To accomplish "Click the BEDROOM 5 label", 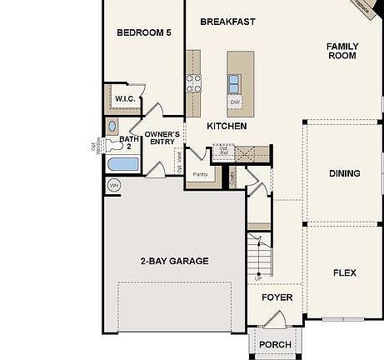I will (143, 33).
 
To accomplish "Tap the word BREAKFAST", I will (227, 22).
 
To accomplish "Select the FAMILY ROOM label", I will (342, 51).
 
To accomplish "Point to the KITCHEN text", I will (227, 126).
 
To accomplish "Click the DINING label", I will (344, 173).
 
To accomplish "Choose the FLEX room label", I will (345, 272).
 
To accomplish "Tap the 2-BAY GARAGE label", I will (174, 261).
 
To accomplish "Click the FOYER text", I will (277, 297).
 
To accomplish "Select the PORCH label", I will (275, 344).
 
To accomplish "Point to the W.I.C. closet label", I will (126, 98).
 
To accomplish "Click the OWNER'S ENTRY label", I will (162, 137).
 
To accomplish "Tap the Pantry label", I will (200, 174).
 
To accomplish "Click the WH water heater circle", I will (114, 184).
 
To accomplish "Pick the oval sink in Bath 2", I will (112, 127).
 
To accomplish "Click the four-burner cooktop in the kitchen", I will (193, 82).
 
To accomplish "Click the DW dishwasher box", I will (236, 102).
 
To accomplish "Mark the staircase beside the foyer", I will (261, 254).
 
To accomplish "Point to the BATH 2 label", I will (127, 142).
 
